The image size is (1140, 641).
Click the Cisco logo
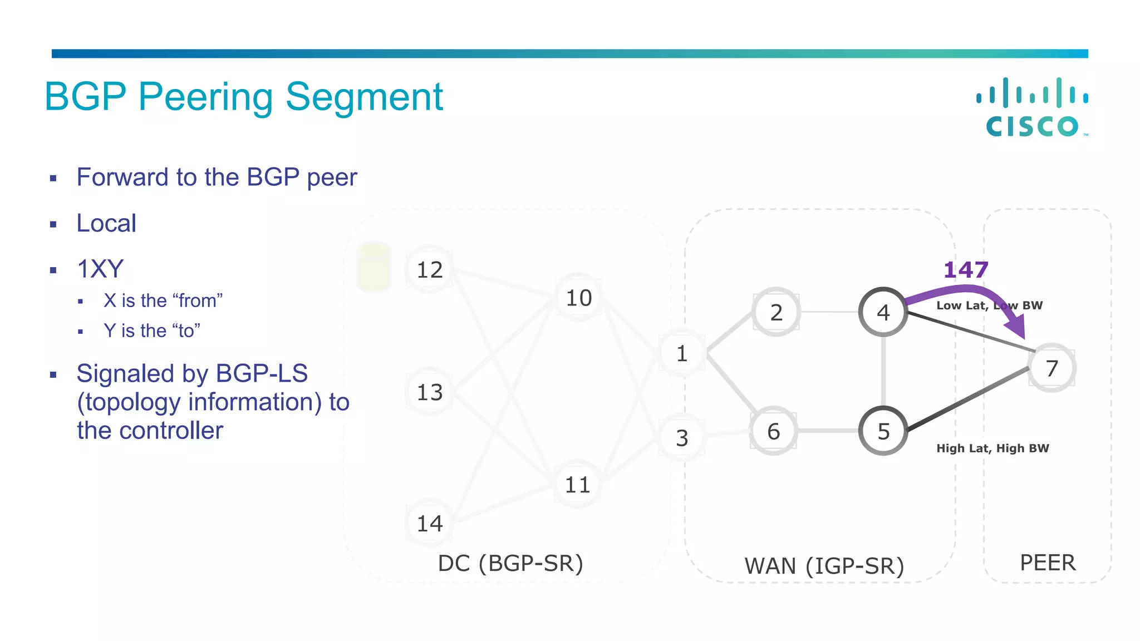(1033, 107)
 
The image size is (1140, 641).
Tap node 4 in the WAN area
(883, 312)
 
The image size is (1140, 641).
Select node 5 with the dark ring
(883, 431)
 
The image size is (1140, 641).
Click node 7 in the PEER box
(1051, 368)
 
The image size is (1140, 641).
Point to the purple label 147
(966, 270)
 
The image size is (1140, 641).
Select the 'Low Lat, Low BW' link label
(989, 305)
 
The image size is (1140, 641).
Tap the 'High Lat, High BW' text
(992, 448)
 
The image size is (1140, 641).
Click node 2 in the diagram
(776, 312)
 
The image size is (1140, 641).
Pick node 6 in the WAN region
(773, 431)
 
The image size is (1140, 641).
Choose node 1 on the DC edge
(682, 353)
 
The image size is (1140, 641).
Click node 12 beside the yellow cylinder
(429, 270)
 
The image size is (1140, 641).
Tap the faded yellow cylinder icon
(374, 267)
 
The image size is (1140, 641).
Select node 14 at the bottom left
(429, 524)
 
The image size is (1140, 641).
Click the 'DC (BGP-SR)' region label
(510, 564)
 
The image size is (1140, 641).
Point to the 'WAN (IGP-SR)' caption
(824, 566)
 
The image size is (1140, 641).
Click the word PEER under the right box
(1048, 563)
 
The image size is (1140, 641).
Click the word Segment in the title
(364, 97)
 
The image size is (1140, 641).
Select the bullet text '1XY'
(100, 269)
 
